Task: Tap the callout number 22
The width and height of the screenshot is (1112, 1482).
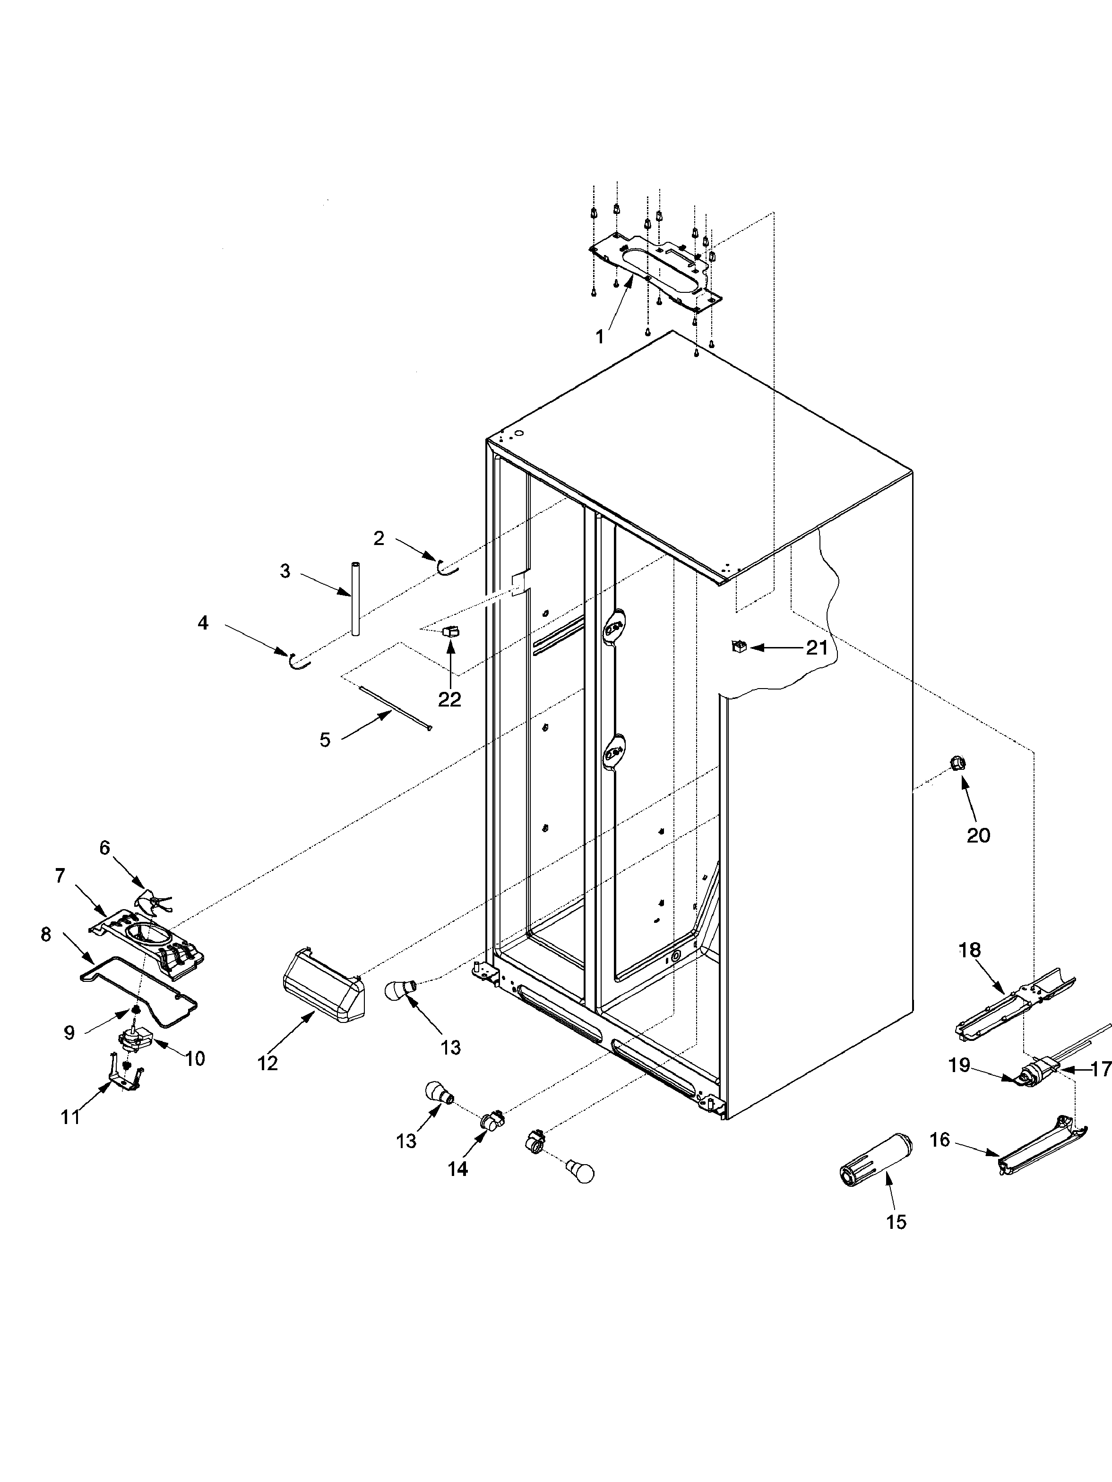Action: pos(450,699)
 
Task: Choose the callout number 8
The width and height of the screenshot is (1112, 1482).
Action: pos(45,935)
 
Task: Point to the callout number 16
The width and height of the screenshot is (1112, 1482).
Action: pos(940,1139)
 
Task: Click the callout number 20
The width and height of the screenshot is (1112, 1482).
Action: pos(978,835)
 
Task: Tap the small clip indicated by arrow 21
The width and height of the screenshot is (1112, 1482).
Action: pos(739,647)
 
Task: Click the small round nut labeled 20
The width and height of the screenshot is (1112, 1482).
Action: pos(958,762)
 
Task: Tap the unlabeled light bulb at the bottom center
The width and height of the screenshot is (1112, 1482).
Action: pos(580,1173)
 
